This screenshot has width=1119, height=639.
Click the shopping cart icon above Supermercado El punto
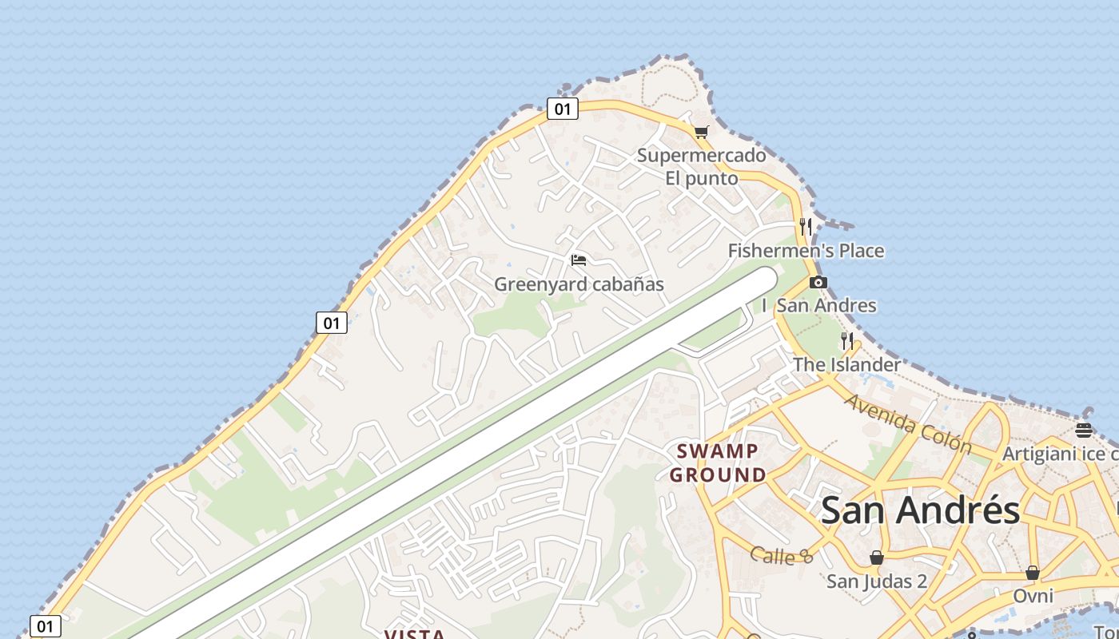(701, 132)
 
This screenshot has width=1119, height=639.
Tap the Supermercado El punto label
(701, 166)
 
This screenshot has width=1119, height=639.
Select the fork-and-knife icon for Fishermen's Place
(806, 227)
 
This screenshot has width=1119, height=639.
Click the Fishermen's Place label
(806, 251)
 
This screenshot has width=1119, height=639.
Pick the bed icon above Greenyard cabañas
(579, 260)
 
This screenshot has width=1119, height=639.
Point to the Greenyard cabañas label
(579, 284)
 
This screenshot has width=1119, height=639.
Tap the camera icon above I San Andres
(818, 282)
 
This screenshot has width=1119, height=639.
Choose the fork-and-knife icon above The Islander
(847, 342)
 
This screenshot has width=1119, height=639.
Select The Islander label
(846, 365)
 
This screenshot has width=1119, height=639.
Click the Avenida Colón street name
(907, 423)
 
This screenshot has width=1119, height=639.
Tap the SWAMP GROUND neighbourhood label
(718, 463)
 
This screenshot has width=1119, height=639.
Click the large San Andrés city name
(920, 510)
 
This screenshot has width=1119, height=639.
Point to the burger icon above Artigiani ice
(1084, 431)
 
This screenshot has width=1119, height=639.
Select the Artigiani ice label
(1060, 454)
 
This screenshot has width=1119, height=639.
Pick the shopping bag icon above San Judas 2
(877, 558)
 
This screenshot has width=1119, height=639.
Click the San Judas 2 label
(877, 581)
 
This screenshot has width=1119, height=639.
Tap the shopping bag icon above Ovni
(1033, 573)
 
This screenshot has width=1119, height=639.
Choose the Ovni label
(1033, 596)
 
